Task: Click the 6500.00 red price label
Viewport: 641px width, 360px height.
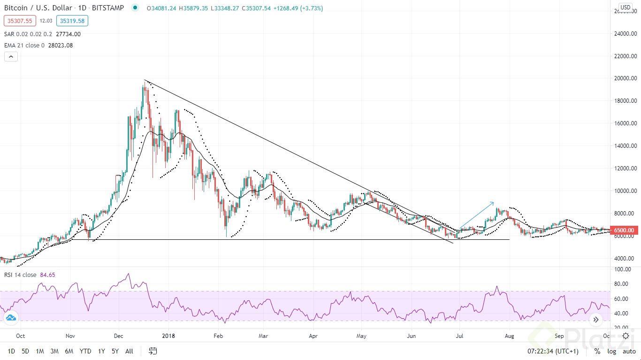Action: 624,230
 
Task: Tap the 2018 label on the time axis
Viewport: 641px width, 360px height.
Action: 168,336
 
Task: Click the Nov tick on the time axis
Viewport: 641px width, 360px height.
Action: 70,336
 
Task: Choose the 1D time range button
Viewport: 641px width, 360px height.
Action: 11,351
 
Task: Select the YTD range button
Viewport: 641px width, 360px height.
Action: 85,351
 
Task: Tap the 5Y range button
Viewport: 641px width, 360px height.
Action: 115,351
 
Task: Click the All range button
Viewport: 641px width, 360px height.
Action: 129,351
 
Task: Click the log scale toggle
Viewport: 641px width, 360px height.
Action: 612,351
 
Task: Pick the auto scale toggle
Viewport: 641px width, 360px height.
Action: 629,351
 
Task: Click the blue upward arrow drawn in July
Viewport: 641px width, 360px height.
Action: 476,215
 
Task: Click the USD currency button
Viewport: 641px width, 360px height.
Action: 625,7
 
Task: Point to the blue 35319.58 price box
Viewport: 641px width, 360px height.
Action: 72,21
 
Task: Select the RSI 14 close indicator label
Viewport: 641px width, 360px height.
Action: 20,275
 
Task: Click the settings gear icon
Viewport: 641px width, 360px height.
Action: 626,336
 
